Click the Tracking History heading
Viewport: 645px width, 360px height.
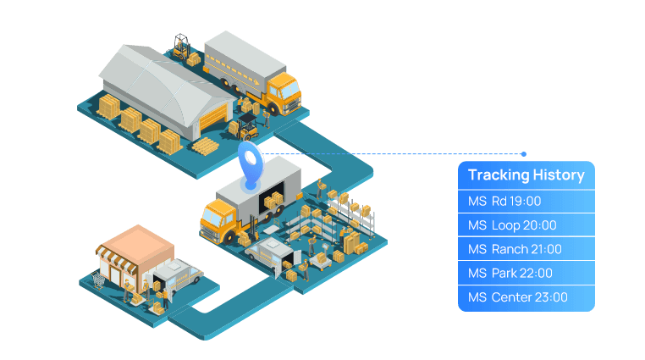(526, 175)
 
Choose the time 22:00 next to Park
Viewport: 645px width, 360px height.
(534, 273)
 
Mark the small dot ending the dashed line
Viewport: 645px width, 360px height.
(524, 154)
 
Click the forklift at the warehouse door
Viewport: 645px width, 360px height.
(246, 129)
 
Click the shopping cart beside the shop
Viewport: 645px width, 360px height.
(99, 279)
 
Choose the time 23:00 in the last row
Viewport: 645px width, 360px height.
(551, 297)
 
